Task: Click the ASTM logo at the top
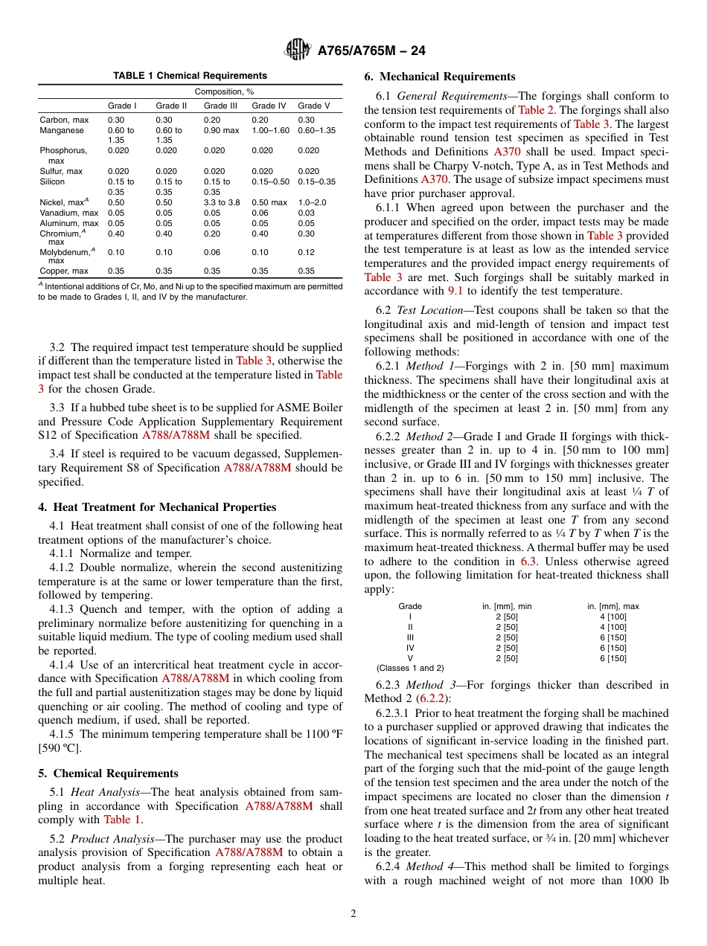298,51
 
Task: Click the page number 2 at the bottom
353,913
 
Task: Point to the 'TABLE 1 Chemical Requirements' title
190,76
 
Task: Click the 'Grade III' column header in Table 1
220,106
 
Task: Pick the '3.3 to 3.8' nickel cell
222,202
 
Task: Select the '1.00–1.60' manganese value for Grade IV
270,130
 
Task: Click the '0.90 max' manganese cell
222,130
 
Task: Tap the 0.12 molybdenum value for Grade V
306,252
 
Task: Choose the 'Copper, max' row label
64,271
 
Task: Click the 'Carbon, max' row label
64,120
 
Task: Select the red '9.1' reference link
455,291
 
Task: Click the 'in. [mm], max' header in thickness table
612,606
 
